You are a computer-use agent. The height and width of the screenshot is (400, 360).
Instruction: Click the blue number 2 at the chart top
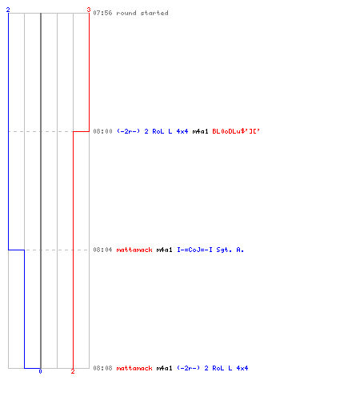click(x=8, y=10)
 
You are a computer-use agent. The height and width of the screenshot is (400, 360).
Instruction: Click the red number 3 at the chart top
click(x=89, y=10)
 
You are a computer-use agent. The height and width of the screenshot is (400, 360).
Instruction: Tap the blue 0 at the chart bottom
click(x=40, y=371)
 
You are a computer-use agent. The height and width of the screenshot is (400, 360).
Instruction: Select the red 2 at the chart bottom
click(x=73, y=371)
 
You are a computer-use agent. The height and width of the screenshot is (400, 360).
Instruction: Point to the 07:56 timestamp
click(x=102, y=13)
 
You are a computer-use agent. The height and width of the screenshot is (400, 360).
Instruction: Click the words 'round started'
click(x=142, y=13)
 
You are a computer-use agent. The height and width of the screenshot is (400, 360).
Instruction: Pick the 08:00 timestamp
click(x=102, y=131)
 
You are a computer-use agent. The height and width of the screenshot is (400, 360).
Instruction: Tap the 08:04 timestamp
click(x=102, y=250)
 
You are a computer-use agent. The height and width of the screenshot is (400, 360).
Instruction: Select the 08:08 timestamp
click(x=102, y=368)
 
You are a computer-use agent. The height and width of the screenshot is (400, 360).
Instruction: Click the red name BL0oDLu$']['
click(x=236, y=131)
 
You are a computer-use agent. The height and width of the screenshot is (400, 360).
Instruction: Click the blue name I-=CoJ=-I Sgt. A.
click(x=210, y=250)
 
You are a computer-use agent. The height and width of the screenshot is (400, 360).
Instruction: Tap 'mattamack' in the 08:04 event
click(x=134, y=250)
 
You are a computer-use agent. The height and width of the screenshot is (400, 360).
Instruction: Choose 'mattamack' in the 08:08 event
click(x=134, y=368)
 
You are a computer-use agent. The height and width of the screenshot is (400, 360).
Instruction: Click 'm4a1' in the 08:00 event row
click(x=200, y=131)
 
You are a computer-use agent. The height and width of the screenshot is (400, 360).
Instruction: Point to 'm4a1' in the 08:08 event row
click(x=164, y=368)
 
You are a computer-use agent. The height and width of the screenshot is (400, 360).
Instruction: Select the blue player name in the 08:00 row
click(x=152, y=131)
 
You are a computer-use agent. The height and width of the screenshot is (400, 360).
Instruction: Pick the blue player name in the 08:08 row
click(x=213, y=368)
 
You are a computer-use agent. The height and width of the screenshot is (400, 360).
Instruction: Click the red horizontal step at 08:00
click(x=81, y=131)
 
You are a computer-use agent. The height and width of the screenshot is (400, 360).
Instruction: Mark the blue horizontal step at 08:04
click(x=17, y=250)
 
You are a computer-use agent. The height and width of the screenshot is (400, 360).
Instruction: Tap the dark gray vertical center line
click(x=41, y=190)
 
